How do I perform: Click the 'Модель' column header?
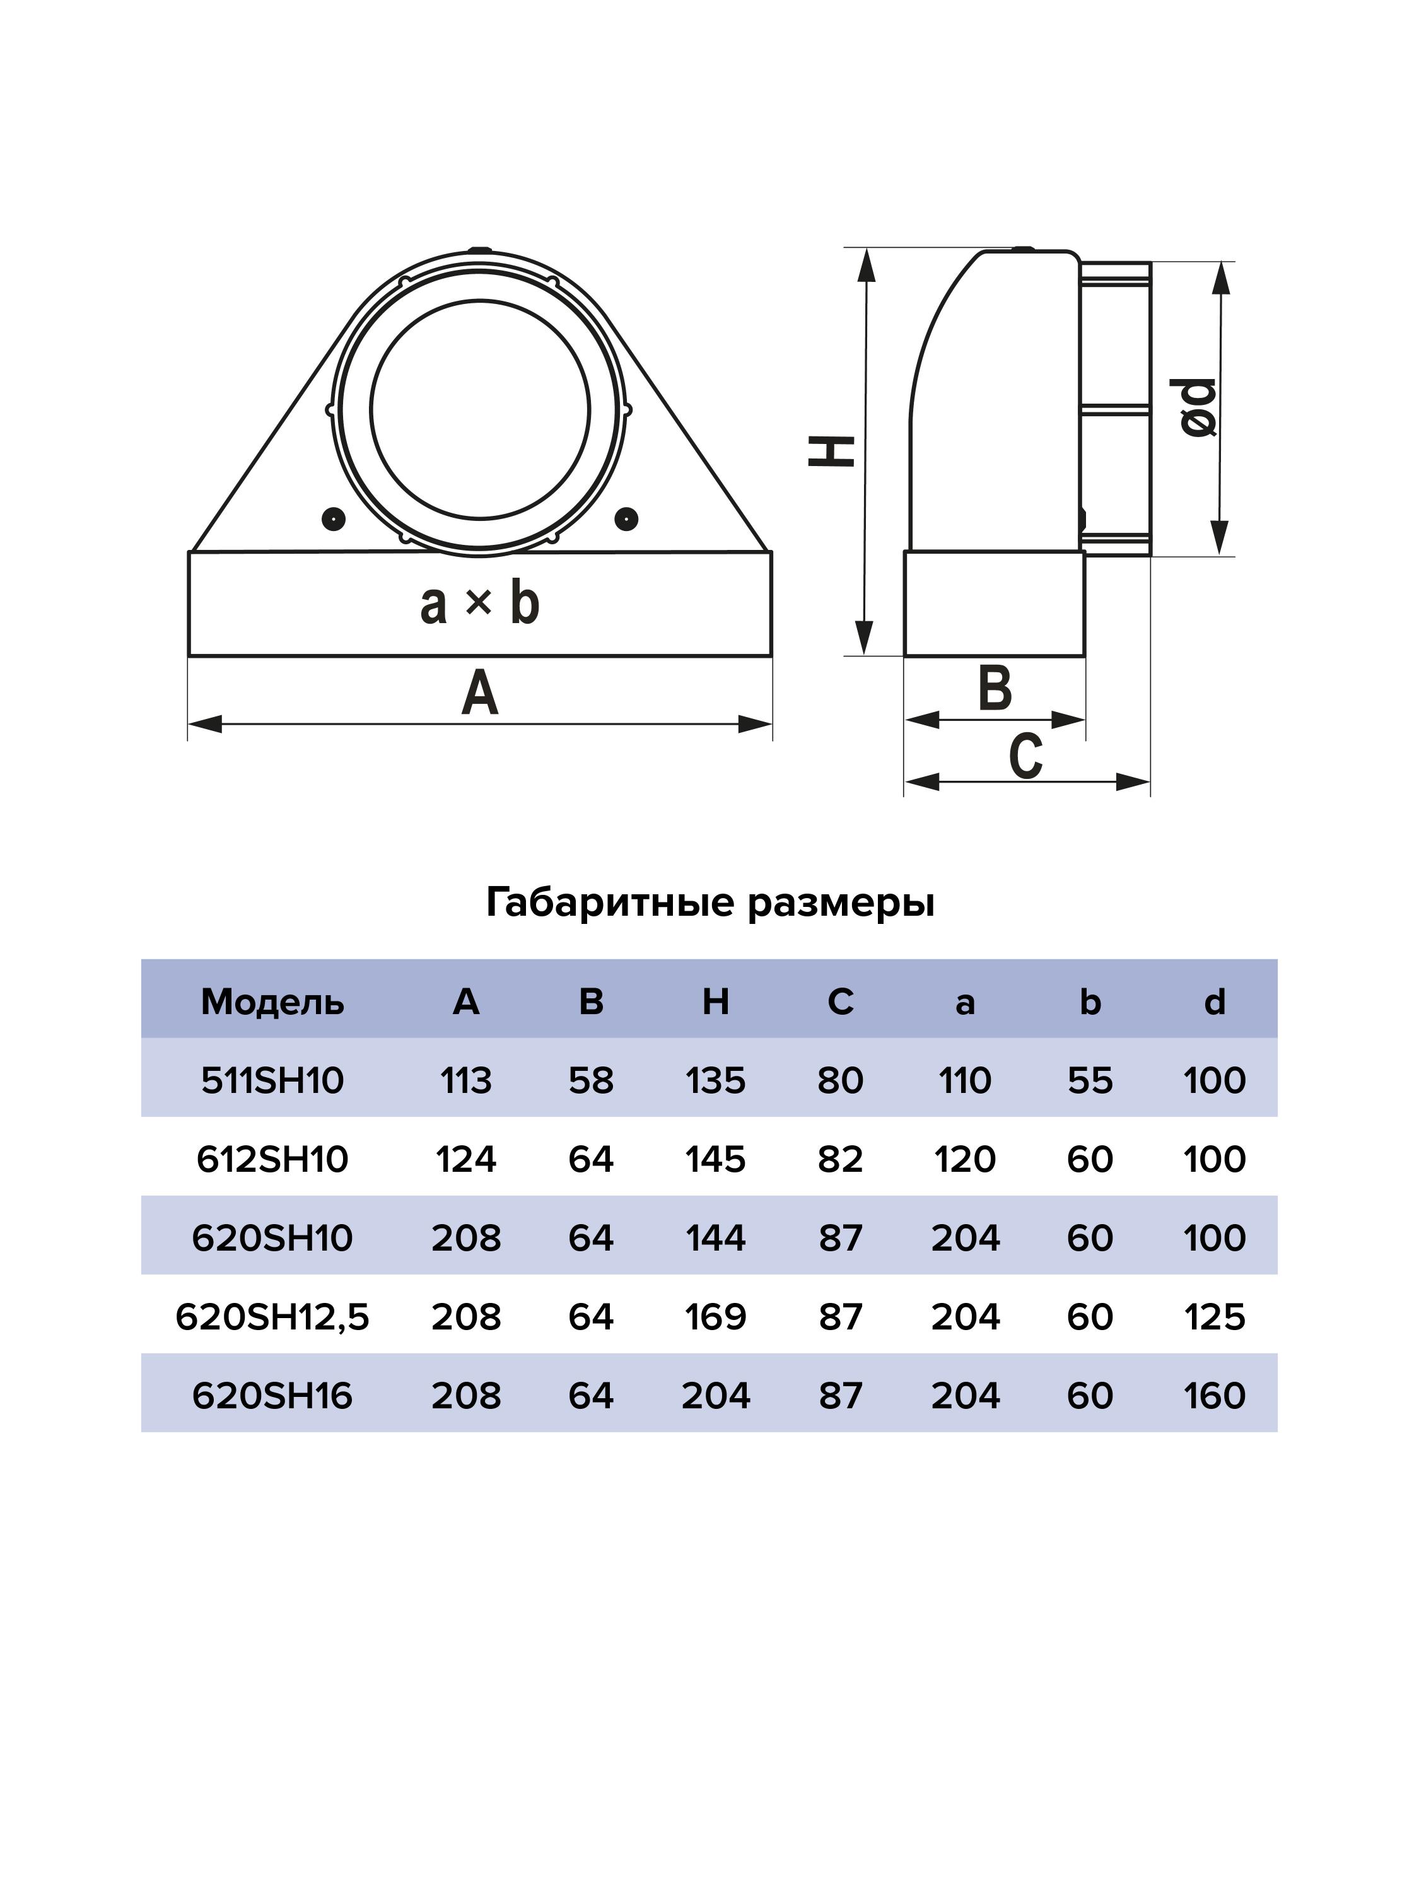[x=272, y=1001]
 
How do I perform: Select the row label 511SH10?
[x=272, y=1080]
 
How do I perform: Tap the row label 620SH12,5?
[x=272, y=1316]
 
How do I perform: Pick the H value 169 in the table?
[x=715, y=1316]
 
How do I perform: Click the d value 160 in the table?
[x=1214, y=1395]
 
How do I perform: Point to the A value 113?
[x=466, y=1080]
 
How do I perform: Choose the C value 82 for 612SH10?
[x=840, y=1159]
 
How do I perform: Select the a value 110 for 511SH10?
[x=965, y=1080]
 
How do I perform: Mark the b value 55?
[x=1090, y=1080]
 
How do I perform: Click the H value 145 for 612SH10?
[x=715, y=1159]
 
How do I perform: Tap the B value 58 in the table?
[x=591, y=1080]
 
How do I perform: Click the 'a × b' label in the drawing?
[x=480, y=603]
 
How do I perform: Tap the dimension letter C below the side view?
[x=1025, y=756]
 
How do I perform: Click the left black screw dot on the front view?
[x=334, y=518]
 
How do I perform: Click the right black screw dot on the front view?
[x=627, y=518]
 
